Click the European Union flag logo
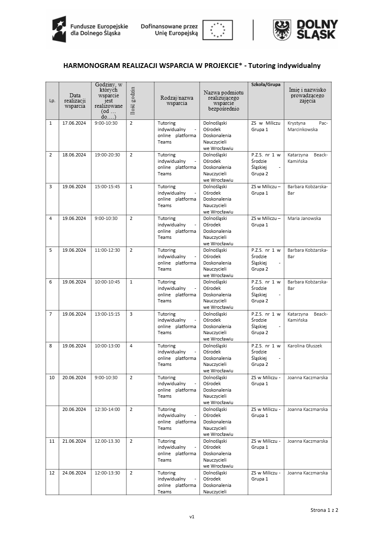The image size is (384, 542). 217,30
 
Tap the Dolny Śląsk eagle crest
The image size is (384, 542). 282,30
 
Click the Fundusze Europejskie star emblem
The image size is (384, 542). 59,29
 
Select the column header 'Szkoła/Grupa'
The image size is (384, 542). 266,84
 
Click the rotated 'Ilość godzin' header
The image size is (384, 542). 132,101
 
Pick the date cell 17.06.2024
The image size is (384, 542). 74,123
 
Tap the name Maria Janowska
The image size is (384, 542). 304,218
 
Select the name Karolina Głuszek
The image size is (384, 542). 305,346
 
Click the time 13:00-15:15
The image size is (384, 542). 107,314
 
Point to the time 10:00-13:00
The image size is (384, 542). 107,346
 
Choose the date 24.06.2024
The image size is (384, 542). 74,473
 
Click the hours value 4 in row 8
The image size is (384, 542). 131,346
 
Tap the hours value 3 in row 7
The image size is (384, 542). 131,314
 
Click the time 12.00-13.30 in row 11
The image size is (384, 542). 107,441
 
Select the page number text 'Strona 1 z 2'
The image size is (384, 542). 324,510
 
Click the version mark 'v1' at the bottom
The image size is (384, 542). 192,517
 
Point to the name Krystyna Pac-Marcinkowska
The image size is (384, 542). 308,126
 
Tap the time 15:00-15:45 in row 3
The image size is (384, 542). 107,187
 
